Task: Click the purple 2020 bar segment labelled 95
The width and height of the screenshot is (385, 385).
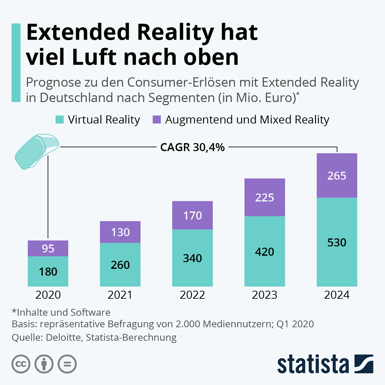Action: click(x=48, y=248)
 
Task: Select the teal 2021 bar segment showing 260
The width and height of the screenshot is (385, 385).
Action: click(x=120, y=265)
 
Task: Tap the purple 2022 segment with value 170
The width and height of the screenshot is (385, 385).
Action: click(x=193, y=215)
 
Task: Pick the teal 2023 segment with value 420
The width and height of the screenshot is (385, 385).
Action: click(x=265, y=252)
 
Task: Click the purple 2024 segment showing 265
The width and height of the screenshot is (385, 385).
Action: click(x=337, y=175)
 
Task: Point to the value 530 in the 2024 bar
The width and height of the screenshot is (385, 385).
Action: click(x=337, y=243)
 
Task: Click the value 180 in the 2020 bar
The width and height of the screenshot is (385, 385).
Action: click(x=48, y=272)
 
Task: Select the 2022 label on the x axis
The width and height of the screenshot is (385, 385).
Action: click(x=193, y=295)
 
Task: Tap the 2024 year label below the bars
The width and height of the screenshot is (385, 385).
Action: click(x=337, y=295)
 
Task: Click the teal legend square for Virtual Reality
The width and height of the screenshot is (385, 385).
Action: click(x=60, y=120)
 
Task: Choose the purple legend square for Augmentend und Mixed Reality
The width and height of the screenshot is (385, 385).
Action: click(x=157, y=120)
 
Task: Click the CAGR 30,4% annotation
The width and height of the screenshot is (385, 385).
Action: click(x=193, y=147)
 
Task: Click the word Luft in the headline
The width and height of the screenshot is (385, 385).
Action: click(x=94, y=57)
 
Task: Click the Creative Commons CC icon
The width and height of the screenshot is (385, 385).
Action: click(x=21, y=364)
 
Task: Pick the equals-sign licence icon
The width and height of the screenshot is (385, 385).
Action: click(x=67, y=364)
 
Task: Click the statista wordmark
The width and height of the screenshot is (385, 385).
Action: click(x=313, y=365)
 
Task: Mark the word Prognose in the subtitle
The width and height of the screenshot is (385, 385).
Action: click(x=53, y=82)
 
